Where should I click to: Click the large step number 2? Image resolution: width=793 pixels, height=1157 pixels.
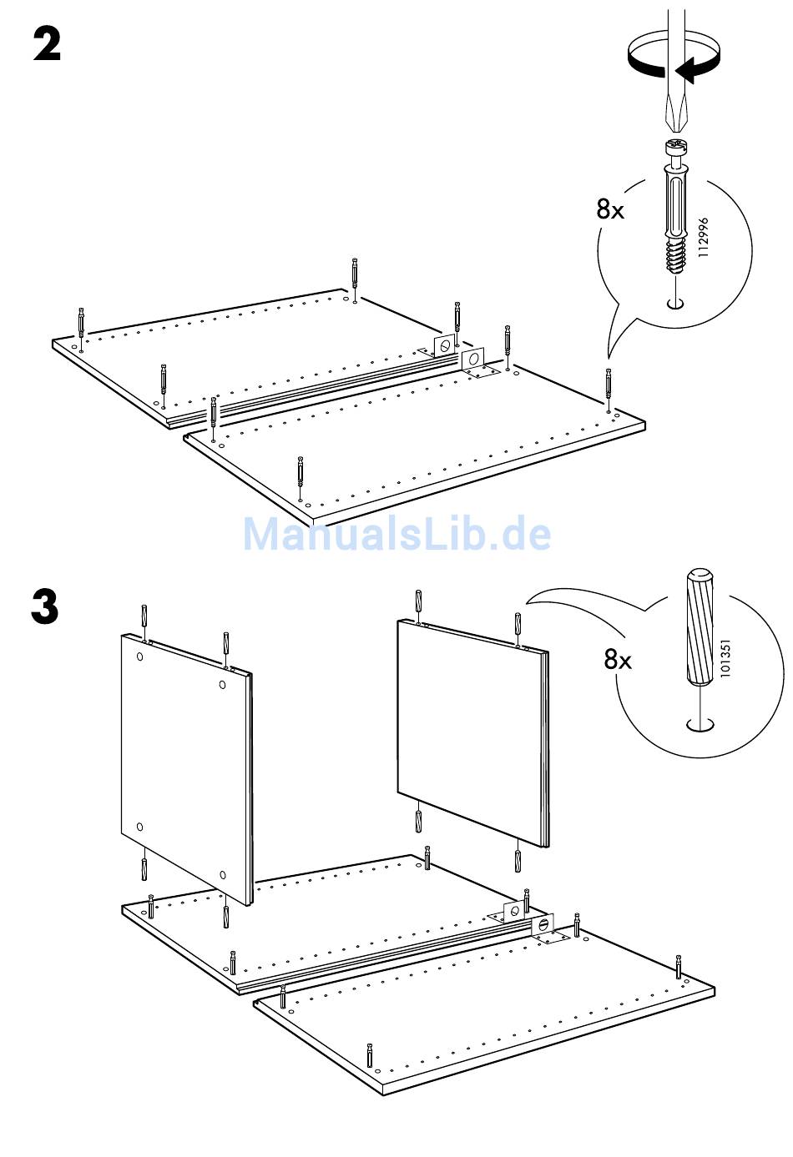[x=47, y=44]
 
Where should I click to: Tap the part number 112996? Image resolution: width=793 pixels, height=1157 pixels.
[x=703, y=237]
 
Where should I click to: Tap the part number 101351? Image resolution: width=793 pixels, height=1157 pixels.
[x=725, y=658]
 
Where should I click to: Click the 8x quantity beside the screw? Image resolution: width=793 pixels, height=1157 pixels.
[x=610, y=209]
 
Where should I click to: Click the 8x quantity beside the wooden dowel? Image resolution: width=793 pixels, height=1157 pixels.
[x=618, y=659]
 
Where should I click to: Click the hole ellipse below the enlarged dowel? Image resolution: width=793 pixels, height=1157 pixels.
[x=700, y=725]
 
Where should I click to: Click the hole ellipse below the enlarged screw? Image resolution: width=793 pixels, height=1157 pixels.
[x=674, y=304]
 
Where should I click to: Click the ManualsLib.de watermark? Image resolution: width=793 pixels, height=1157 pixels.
[x=397, y=534]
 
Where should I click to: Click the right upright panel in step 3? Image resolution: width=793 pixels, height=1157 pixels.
[x=473, y=733]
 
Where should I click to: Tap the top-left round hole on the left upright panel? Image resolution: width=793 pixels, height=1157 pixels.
[x=139, y=656]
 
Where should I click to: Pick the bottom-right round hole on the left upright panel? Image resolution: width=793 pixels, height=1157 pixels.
[x=223, y=874]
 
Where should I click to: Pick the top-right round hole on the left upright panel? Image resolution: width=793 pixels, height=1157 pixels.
[x=222, y=684]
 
